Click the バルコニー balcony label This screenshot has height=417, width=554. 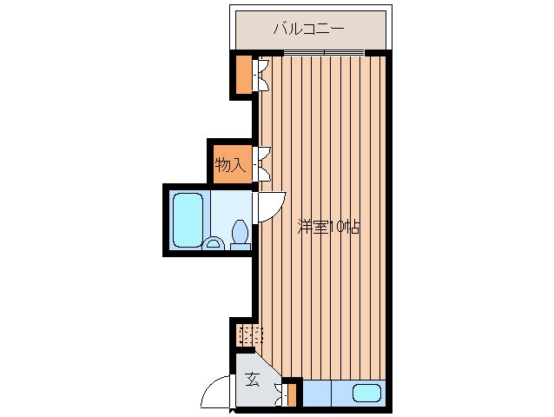click(309, 29)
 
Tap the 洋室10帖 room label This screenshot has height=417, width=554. click(328, 228)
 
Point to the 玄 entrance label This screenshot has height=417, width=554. click(251, 379)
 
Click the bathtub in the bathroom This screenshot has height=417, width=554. click(188, 220)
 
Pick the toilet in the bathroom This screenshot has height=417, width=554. click(241, 233)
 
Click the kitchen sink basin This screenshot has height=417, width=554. click(367, 394)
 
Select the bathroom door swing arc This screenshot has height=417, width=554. click(270, 207)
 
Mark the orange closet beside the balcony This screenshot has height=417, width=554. click(241, 75)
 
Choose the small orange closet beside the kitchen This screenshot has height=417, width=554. click(292, 394)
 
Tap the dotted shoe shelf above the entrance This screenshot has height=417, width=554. click(249, 334)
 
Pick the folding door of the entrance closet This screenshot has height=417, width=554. click(280, 394)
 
